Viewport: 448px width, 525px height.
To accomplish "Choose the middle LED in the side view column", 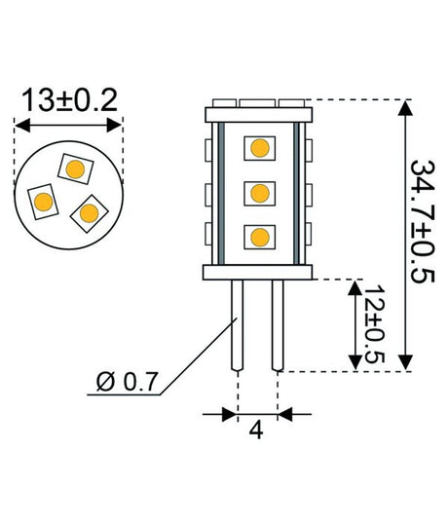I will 258,192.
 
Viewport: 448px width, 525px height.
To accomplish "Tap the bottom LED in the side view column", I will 258,235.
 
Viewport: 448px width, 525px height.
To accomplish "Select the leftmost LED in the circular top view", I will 42,203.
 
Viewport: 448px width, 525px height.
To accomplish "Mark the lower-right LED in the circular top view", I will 91,211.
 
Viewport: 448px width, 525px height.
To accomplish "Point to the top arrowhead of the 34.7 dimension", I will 402,106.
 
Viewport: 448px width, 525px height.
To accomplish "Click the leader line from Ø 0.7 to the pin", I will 195,354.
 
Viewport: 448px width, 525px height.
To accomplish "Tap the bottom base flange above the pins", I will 257,272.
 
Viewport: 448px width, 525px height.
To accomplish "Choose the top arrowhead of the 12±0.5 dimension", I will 353,284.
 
